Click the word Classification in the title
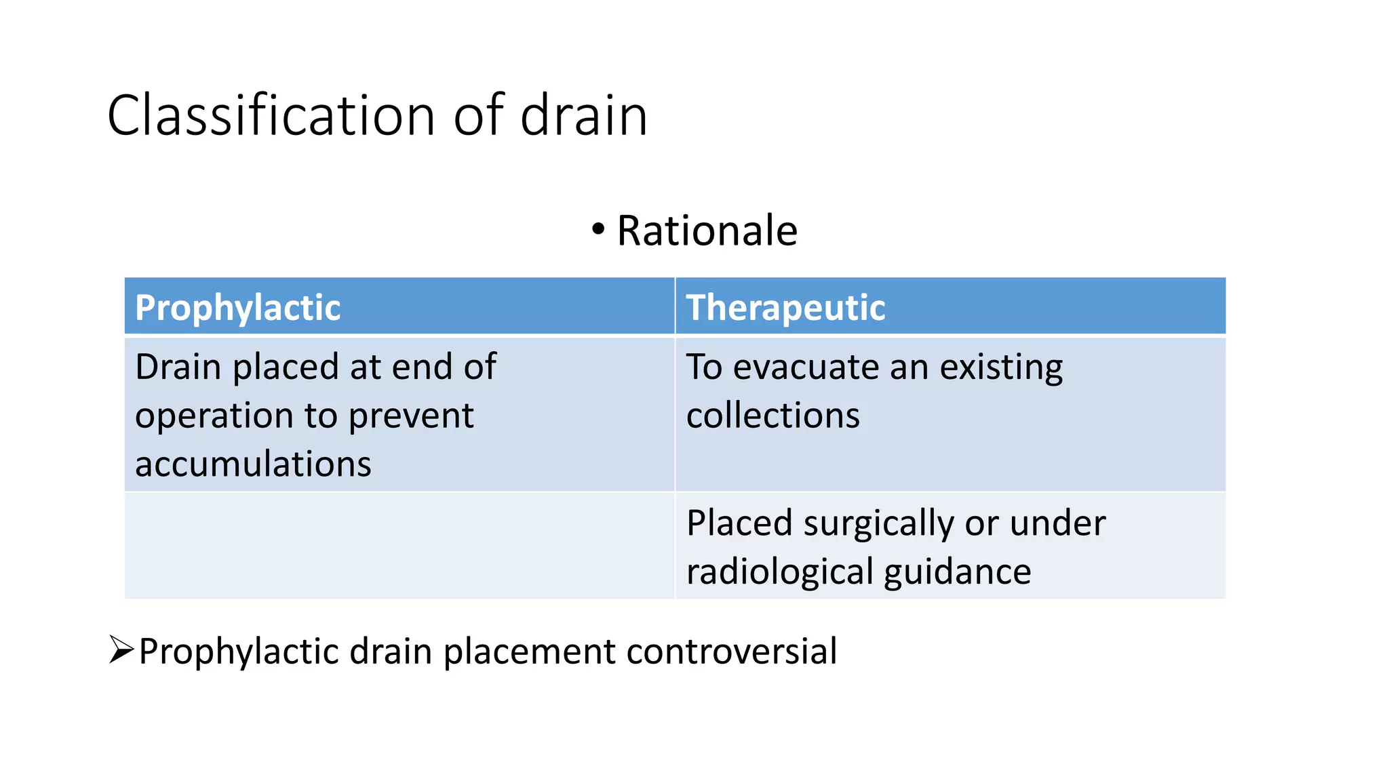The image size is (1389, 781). (x=271, y=116)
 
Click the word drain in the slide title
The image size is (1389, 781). (x=583, y=116)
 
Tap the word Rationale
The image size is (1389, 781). (x=707, y=231)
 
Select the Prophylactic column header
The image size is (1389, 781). (x=237, y=308)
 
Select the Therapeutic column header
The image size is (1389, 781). (x=785, y=308)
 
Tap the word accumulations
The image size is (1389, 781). (x=253, y=464)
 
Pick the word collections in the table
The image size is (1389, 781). (x=772, y=416)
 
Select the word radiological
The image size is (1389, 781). (x=780, y=572)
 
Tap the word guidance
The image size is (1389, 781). (x=957, y=572)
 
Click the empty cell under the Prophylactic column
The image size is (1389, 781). (x=399, y=546)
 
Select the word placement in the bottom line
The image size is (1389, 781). (x=529, y=652)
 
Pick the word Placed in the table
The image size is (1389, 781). (x=739, y=524)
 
